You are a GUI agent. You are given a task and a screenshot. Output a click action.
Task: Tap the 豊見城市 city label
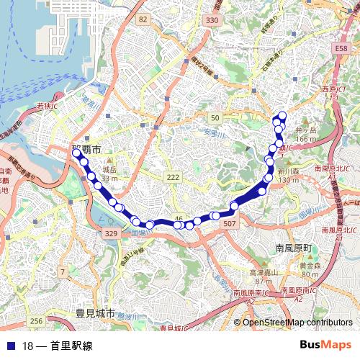[94, 314]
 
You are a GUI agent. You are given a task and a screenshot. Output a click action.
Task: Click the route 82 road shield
[143, 19]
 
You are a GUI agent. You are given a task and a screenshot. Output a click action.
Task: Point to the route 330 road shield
[211, 21]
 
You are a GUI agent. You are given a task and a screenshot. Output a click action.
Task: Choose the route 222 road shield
[172, 177]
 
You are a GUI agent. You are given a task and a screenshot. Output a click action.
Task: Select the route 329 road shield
[110, 234]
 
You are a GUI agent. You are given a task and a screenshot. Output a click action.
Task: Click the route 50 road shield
[215, 117]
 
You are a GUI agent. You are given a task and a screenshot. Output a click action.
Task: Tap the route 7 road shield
[63, 271]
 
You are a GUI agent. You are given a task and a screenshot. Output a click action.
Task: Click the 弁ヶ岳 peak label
[306, 130]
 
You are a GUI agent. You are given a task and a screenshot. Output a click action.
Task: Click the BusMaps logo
[325, 345]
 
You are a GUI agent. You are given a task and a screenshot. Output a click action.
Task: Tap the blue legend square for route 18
[12, 346]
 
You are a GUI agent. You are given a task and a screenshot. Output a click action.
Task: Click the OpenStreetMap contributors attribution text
[297, 323]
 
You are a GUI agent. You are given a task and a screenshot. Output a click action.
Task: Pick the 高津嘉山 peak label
[264, 273]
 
